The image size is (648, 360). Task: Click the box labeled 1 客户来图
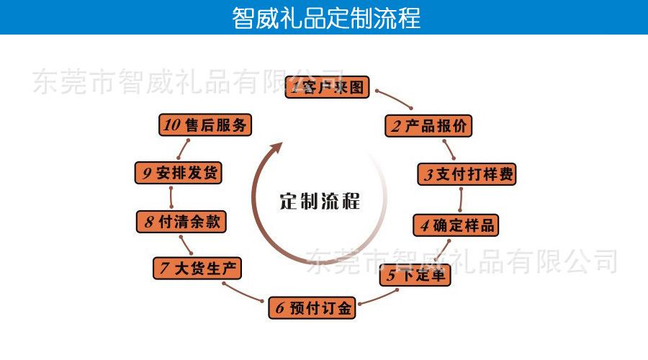(327, 87)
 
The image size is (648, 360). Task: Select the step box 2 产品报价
(428, 126)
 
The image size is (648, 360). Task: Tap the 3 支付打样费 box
(467, 174)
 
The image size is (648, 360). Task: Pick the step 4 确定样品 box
(456, 225)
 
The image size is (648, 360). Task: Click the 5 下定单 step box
(415, 275)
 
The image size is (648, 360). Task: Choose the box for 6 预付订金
(312, 308)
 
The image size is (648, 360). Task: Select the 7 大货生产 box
(197, 269)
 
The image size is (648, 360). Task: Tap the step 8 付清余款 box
(181, 222)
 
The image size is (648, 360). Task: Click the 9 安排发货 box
(179, 173)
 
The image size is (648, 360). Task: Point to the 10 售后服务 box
(205, 125)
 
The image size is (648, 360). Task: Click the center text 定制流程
(320, 202)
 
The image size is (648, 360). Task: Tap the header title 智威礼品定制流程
(326, 18)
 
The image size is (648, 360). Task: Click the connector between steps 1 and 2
(393, 99)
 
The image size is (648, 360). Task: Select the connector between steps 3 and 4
(460, 200)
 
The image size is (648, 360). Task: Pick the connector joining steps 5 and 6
(378, 298)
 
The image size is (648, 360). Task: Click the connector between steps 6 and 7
(243, 293)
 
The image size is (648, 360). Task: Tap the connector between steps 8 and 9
(171, 197)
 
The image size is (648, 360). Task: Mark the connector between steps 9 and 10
(183, 149)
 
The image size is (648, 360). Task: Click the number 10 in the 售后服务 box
(172, 125)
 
